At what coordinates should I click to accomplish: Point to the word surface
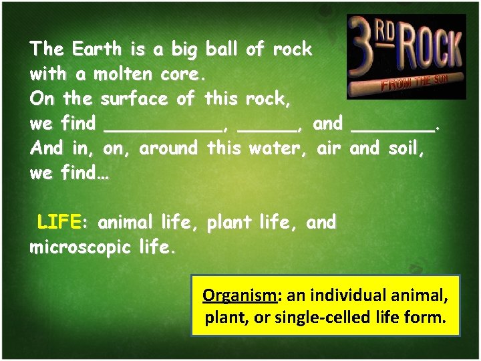[x=135, y=98]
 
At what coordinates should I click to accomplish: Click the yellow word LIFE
[x=59, y=221]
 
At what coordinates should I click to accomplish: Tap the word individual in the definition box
[x=349, y=295]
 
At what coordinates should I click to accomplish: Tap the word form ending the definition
[x=426, y=318]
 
